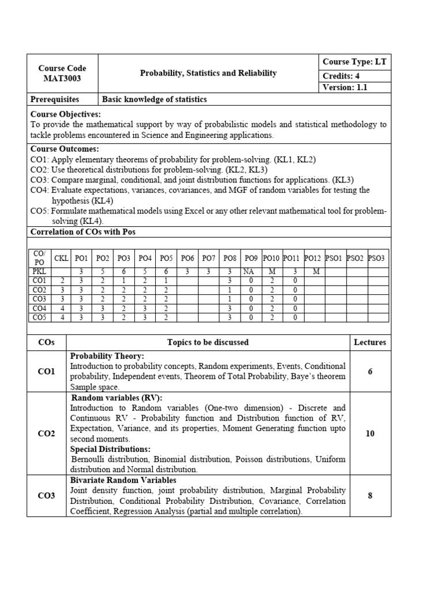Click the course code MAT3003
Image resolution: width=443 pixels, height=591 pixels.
click(x=62, y=78)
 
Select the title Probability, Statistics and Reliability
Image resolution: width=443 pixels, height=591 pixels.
click(x=208, y=73)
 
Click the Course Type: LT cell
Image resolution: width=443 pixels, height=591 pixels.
click(x=354, y=62)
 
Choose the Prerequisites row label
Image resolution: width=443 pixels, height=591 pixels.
click(x=55, y=99)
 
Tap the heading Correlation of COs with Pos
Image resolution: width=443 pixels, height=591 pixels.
click(x=82, y=232)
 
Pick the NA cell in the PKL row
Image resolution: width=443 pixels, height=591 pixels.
click(x=249, y=271)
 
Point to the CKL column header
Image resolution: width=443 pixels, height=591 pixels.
click(x=61, y=258)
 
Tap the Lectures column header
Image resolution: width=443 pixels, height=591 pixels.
click(x=370, y=342)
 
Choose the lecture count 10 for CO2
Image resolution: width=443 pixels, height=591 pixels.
click(x=370, y=433)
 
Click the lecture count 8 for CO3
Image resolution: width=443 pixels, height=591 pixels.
click(x=370, y=495)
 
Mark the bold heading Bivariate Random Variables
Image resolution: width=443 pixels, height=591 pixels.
click(x=123, y=480)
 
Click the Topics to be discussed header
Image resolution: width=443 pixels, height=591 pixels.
click(x=208, y=342)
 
